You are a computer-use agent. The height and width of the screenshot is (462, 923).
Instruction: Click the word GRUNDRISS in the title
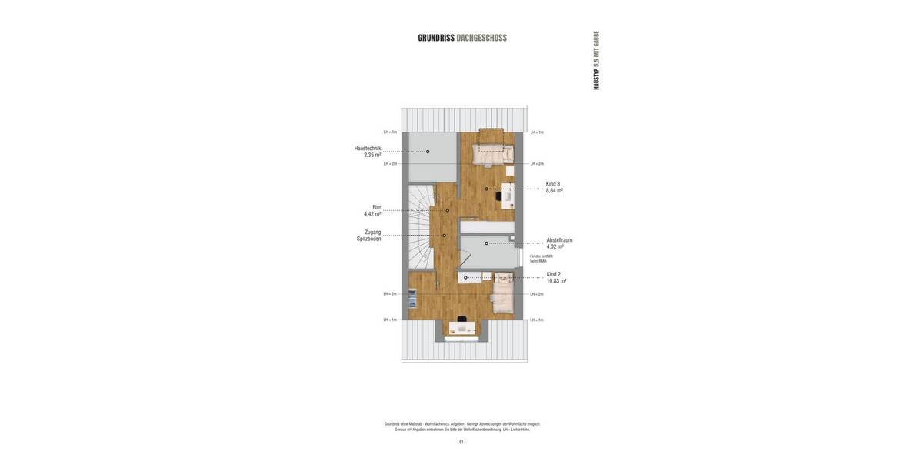coord(436,38)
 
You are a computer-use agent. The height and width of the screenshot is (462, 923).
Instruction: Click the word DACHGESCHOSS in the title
coord(481,38)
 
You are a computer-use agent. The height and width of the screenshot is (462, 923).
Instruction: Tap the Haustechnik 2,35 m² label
coord(368,152)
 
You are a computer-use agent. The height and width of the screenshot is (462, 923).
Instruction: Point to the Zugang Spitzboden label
coord(368,236)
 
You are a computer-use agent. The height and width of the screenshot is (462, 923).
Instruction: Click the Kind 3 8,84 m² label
coord(554,187)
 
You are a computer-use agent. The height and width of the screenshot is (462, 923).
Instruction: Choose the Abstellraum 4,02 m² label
coord(558,243)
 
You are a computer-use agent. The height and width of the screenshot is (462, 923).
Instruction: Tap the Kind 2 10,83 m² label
coord(556,277)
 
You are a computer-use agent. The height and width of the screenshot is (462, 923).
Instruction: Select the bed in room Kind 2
coord(503,295)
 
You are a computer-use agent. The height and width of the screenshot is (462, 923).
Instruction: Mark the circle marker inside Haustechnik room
coord(428,152)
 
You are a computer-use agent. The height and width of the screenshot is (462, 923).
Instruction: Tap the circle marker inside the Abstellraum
coord(486,243)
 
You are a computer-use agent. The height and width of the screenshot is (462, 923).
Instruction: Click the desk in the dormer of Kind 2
coord(462,328)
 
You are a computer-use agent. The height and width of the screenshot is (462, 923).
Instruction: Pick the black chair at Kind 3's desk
coord(499,197)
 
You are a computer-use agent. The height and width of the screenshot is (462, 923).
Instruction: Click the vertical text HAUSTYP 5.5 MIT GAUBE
coord(596,61)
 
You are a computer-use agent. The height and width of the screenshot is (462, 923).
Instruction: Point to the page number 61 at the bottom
coord(461,441)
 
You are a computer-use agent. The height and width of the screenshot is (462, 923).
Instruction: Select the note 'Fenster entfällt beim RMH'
coord(541,259)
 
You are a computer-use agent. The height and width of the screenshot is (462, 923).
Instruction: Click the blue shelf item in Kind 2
coord(412,297)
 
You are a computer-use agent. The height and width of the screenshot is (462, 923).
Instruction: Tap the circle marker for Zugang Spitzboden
coord(444,236)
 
